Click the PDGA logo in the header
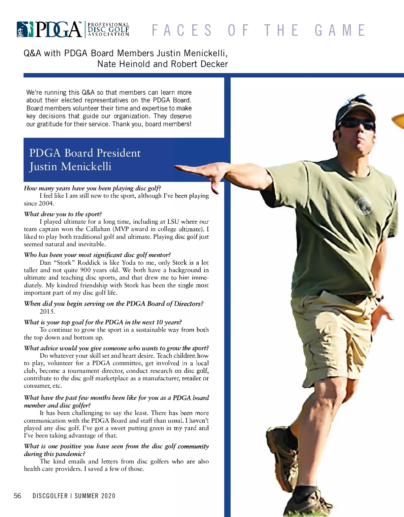pos(73,30)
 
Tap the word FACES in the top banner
pos(182,30)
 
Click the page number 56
pos(17,496)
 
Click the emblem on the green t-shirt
pos(363,205)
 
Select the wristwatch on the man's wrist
pos(379,298)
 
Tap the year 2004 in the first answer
pos(46,203)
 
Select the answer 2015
pos(47,311)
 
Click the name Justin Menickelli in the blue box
pos(70,167)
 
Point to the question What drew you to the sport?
pos(63,214)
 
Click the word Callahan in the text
pos(98,229)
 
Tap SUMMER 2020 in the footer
pos(95,496)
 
